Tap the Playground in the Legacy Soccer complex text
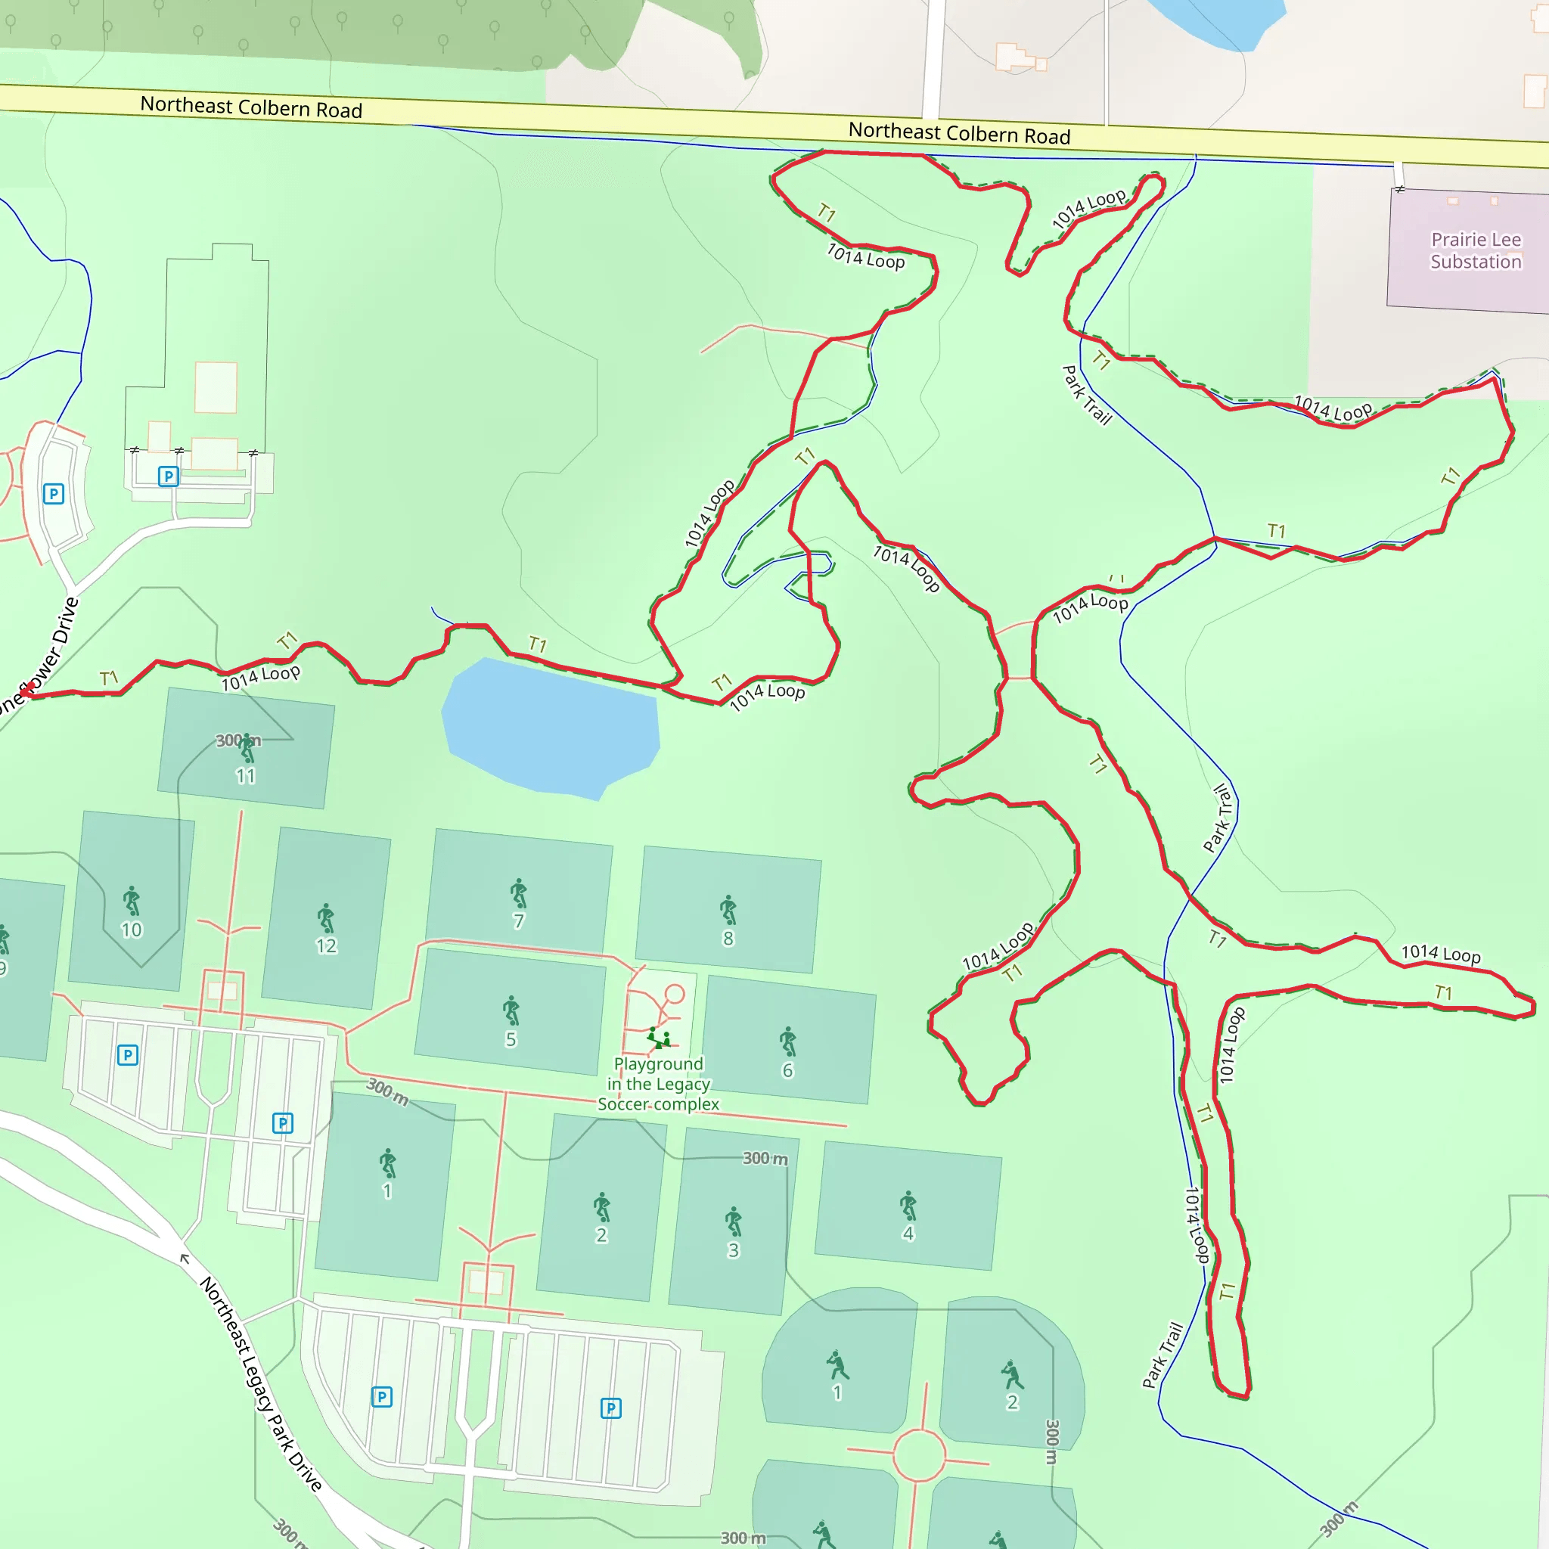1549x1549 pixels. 658,1084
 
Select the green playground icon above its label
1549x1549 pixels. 658,1038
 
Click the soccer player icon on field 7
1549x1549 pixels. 519,893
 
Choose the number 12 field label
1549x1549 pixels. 325,946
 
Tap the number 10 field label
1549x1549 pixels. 131,930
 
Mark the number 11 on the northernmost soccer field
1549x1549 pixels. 245,776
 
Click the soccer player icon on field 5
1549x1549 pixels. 511,1010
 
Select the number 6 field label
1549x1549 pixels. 787,1070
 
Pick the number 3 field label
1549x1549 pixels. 733,1250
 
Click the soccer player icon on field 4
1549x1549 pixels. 908,1205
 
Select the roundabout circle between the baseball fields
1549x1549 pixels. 919,1456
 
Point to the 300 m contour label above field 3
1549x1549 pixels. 765,1158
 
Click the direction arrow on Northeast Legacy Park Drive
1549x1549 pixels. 185,1259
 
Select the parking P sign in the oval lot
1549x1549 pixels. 54,494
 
